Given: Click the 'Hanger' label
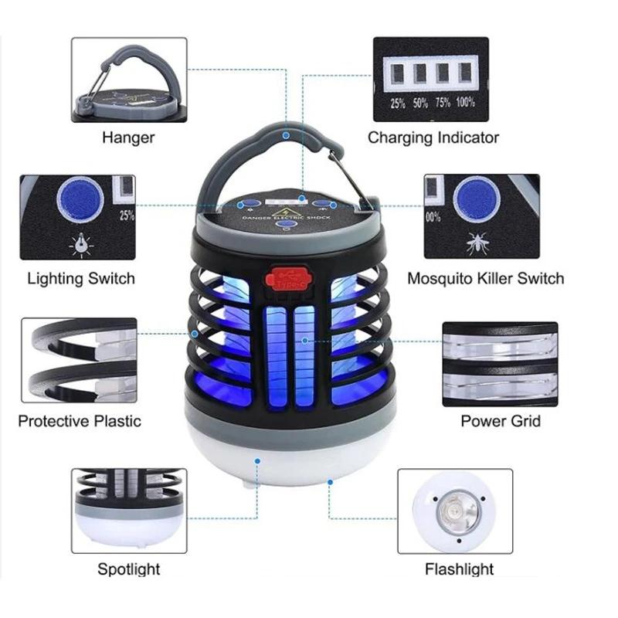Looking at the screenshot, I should tap(128, 138).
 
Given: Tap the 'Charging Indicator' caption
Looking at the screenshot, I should tap(433, 138).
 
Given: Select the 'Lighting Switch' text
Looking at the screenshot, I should tap(80, 278).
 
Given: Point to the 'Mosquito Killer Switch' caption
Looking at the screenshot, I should tap(485, 278).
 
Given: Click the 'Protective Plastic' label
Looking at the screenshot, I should tap(80, 421).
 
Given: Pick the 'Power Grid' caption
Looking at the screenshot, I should tap(501, 421).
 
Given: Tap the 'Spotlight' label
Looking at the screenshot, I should tap(128, 569).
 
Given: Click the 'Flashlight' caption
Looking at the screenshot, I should tap(459, 569).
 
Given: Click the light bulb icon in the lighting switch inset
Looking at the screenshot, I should tap(80, 244).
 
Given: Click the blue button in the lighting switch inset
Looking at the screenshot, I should tap(80, 199).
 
